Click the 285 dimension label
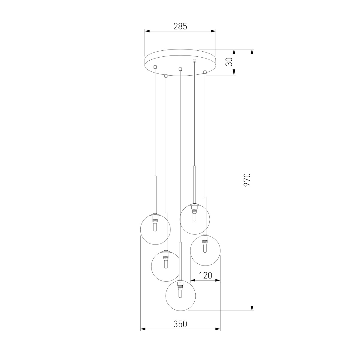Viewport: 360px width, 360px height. tap(180, 26)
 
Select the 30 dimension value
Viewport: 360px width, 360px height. tap(229, 62)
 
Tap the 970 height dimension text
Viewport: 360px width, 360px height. tap(247, 180)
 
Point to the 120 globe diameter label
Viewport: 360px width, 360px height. tap(205, 275)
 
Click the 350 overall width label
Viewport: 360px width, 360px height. tap(180, 324)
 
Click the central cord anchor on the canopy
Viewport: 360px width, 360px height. tap(180, 69)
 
